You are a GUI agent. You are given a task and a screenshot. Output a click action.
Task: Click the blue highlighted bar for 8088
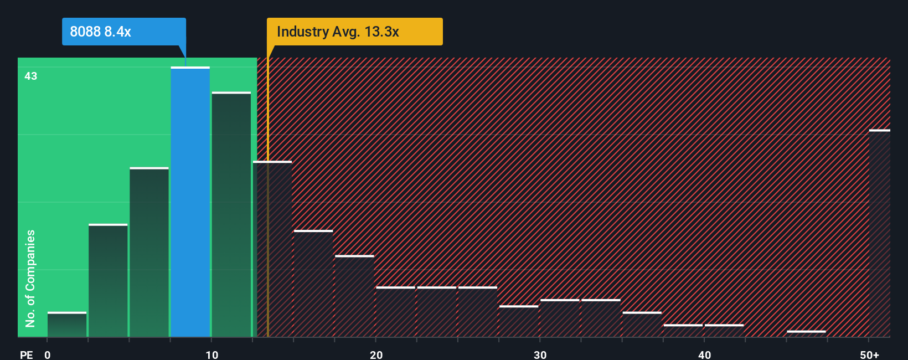pos(190,202)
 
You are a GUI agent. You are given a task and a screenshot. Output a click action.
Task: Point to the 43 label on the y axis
pos(31,76)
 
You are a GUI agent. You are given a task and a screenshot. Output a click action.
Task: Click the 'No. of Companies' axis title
pos(30,278)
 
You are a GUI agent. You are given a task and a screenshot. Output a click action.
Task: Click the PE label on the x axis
pos(27,354)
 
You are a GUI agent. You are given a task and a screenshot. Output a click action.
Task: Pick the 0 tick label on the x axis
pos(48,354)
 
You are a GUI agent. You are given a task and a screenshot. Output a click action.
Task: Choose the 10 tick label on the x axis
pos(211,354)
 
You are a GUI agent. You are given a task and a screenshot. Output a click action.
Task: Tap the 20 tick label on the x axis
pos(376,354)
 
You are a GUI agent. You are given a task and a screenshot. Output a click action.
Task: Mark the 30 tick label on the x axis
pos(540,354)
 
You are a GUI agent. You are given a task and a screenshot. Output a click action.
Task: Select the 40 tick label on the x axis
pos(704,354)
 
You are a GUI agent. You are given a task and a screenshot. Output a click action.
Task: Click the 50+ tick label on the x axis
pos(869,354)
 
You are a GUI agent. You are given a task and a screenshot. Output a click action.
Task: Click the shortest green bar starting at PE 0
pos(67,325)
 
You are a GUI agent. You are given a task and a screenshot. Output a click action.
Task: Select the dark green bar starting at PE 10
pos(231,215)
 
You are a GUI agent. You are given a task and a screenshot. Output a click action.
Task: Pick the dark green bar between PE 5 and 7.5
pos(149,253)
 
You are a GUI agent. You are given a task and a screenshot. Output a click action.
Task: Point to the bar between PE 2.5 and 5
pos(108,281)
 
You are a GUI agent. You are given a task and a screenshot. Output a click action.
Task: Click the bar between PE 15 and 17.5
pos(313,284)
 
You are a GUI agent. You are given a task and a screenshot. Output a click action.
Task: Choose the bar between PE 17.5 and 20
pos(354,296)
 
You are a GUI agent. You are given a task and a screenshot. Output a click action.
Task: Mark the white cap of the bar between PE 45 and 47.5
pos(806,332)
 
